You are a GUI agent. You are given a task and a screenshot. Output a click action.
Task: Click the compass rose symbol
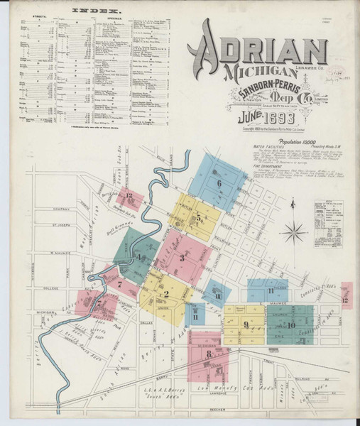[x=295, y=231]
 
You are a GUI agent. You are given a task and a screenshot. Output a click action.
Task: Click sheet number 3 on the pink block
[x=182, y=258]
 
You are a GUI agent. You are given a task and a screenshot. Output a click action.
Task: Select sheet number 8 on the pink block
[x=209, y=353]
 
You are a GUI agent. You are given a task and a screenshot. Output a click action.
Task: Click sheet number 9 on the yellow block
[x=246, y=325]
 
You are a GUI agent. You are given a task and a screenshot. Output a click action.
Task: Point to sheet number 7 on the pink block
[x=120, y=284]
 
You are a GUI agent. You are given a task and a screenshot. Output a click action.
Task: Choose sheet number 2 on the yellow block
[x=165, y=295]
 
